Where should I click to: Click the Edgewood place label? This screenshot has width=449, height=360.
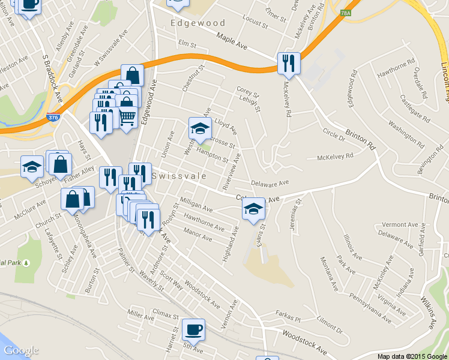197,23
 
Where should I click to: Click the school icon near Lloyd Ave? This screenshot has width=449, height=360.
200,128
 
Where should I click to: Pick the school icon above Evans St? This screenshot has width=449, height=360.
253,209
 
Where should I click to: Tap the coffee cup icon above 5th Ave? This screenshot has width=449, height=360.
193,329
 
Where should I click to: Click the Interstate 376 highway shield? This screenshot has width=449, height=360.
53,118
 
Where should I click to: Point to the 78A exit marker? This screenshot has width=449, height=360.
345,13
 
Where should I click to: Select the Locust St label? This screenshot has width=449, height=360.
255,23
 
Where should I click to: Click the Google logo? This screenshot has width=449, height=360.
21,350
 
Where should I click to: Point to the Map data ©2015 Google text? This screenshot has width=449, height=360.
412,356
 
